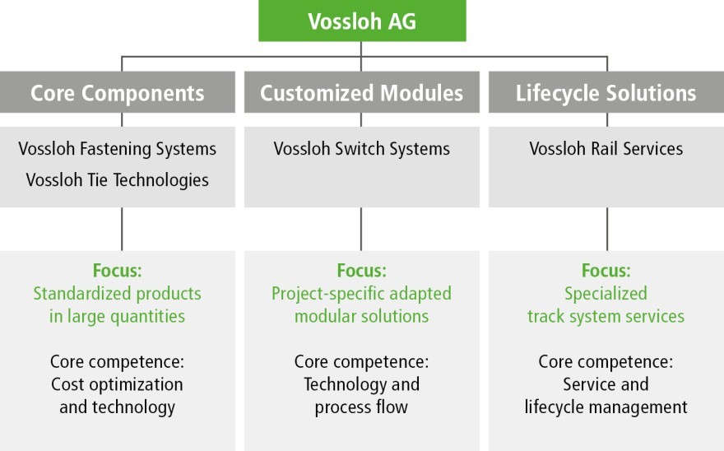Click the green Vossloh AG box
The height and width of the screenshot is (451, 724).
point(362,21)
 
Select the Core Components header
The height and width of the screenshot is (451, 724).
point(118,92)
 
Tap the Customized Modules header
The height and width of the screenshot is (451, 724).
point(361,92)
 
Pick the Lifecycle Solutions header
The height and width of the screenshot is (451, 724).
point(606,92)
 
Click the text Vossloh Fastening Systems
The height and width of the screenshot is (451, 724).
point(118,149)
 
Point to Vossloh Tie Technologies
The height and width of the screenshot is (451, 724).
point(118,179)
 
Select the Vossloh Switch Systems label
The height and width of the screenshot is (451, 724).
point(361,149)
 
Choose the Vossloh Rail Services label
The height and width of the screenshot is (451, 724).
point(606,149)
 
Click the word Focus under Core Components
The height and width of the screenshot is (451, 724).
point(118,270)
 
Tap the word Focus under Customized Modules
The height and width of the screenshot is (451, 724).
point(361,270)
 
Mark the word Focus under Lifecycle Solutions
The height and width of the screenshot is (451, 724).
point(606,270)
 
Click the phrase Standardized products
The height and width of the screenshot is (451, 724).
point(118,294)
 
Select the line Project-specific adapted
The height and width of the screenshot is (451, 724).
point(361,294)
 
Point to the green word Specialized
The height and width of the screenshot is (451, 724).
point(606,294)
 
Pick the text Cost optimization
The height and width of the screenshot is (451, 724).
point(118,384)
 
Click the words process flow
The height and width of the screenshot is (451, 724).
point(361,407)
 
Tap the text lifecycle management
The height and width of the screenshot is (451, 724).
point(606,407)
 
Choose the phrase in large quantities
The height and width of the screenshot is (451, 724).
point(118,317)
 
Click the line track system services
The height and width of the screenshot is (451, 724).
point(606,317)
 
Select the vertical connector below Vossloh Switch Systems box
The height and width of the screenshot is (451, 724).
point(361,229)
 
